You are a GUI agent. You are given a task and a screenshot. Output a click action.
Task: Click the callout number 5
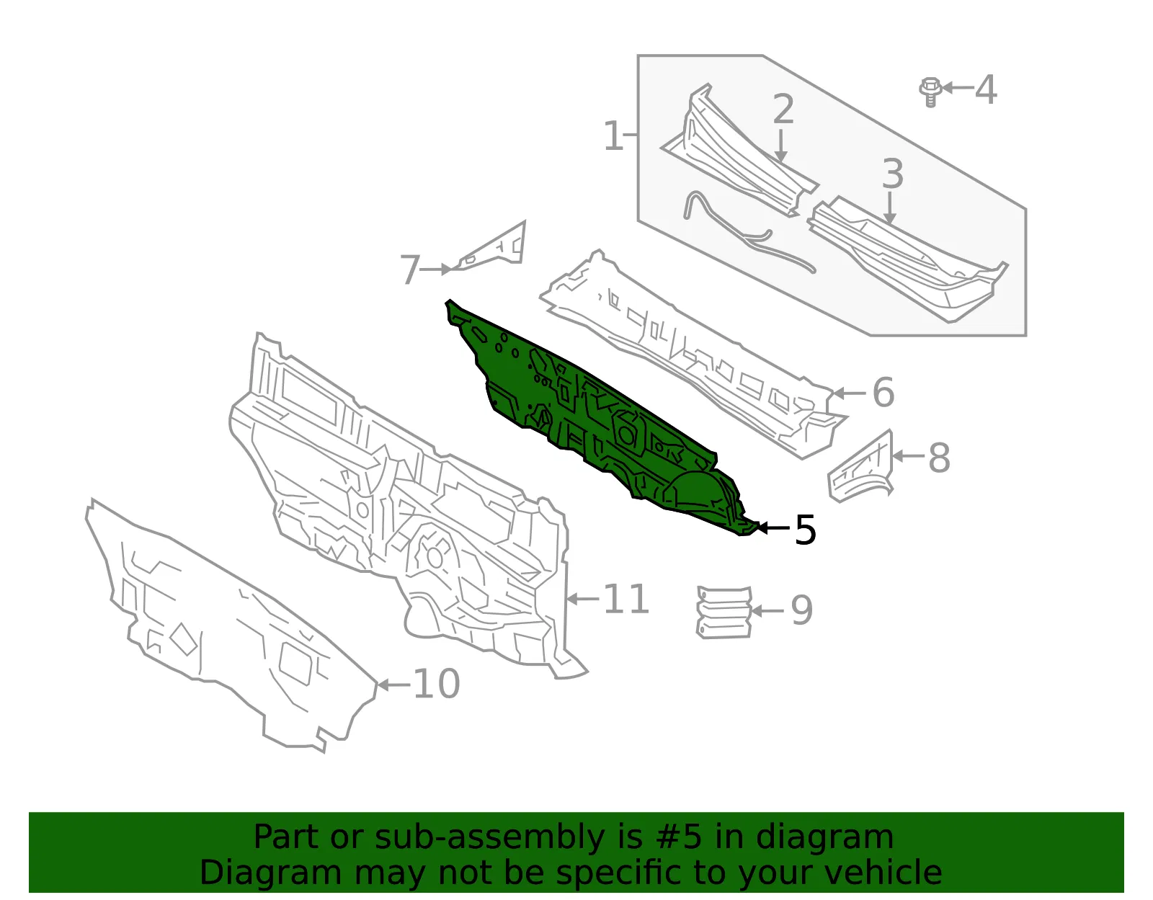805,530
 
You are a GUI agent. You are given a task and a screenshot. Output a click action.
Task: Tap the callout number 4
987,89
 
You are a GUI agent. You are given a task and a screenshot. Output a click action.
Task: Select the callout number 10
436,684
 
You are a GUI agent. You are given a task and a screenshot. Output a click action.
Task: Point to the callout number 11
626,600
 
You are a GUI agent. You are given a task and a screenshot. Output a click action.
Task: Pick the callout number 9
802,610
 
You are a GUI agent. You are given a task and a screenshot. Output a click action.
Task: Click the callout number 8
939,457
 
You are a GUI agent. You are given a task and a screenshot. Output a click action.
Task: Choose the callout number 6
883,393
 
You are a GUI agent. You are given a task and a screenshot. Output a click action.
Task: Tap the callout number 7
410,270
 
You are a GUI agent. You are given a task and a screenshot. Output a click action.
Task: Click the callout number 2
783,110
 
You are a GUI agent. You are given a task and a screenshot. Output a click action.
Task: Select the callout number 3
892,174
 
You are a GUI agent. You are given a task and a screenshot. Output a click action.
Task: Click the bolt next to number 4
930,92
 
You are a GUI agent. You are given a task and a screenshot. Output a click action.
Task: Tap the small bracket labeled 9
724,612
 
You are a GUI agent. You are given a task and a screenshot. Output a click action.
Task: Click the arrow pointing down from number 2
780,145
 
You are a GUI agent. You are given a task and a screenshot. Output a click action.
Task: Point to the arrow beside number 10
393,685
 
